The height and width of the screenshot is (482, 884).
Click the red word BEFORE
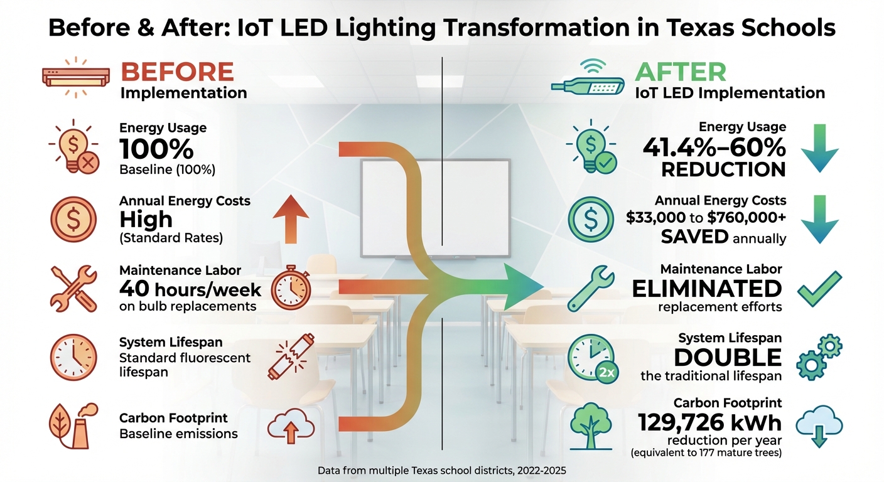[x=177, y=72]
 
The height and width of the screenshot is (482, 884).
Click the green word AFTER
[x=681, y=72]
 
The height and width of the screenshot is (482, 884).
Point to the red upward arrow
[x=291, y=219]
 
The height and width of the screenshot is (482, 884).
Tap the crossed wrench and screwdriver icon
[x=73, y=289]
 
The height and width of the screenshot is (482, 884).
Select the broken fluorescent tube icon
[x=290, y=357]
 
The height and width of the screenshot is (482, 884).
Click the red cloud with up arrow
[x=291, y=427]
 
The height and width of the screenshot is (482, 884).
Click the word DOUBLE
[x=728, y=357]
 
